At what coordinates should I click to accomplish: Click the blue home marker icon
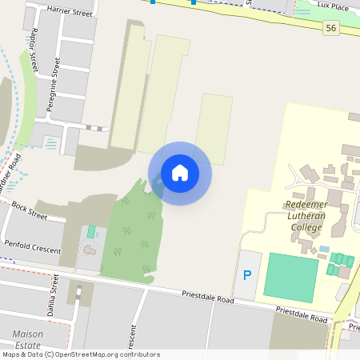click(x=180, y=173)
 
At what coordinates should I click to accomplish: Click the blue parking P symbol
click(x=246, y=275)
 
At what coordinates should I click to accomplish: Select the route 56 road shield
click(x=330, y=29)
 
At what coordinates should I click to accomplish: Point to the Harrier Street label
click(x=48, y=10)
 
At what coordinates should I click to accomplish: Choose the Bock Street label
click(x=30, y=210)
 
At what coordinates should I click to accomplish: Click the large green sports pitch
click(x=291, y=277)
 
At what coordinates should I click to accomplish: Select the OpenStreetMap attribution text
click(x=80, y=354)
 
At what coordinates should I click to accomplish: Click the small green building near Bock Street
click(x=91, y=232)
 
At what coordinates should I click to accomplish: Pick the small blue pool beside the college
click(x=324, y=250)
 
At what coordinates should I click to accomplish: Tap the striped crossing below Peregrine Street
click(x=96, y=128)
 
